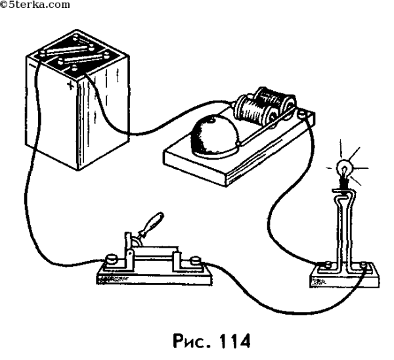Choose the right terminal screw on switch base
click(197, 264)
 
